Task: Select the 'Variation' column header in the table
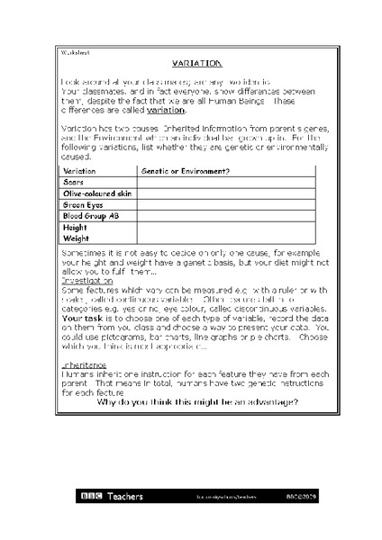point(79,170)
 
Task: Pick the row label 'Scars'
point(73,182)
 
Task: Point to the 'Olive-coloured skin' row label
point(96,193)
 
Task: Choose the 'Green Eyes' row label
point(82,205)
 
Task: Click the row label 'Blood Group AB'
point(90,217)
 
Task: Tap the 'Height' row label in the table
point(75,229)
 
